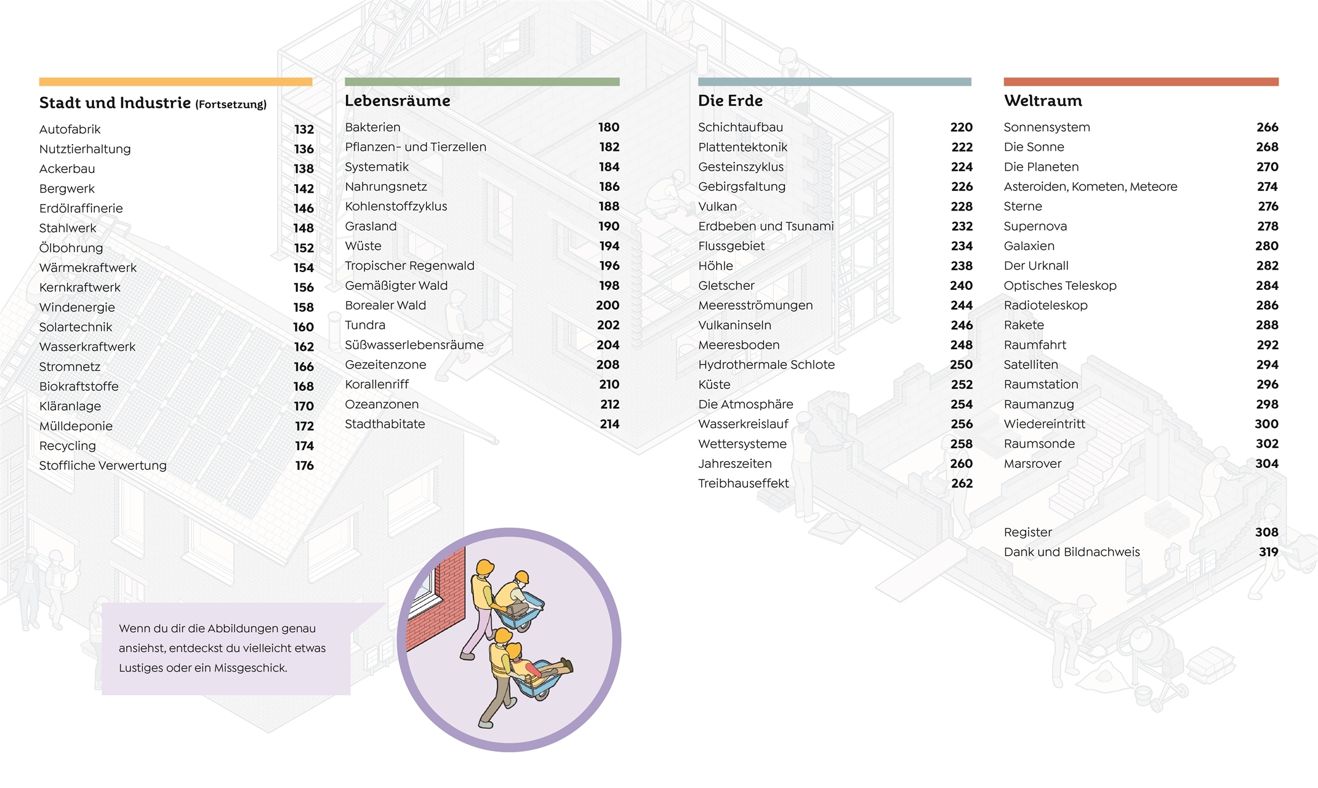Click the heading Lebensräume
coord(397,101)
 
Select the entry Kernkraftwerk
coord(79,287)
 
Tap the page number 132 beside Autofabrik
coord(303,129)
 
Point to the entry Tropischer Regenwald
coord(409,266)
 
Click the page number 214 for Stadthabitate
coord(609,424)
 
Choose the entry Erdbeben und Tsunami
coord(765,227)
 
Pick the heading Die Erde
coord(730,101)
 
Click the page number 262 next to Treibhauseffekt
coord(962,484)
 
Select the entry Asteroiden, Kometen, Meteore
coord(1090,187)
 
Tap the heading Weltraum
coord(1042,101)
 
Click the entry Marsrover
coord(1032,464)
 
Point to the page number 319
coord(1268,552)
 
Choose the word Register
coord(1027,533)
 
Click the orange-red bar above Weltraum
coord(1140,82)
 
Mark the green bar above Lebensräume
coord(481,82)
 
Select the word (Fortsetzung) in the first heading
coord(231,105)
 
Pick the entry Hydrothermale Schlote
coord(766,365)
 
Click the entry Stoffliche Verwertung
coord(103,466)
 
